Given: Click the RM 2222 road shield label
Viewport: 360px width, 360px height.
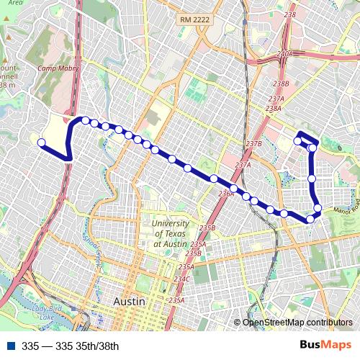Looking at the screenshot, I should (x=195, y=20).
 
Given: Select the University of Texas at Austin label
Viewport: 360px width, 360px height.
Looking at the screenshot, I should (x=171, y=234).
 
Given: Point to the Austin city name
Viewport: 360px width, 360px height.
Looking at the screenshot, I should (x=130, y=300).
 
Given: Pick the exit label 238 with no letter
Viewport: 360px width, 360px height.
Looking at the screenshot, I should (x=290, y=14).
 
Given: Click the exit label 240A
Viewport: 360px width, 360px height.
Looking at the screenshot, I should (x=284, y=54).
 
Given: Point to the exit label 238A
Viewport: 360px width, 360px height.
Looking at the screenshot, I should (x=273, y=109).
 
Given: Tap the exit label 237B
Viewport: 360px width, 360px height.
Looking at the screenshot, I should (x=253, y=144).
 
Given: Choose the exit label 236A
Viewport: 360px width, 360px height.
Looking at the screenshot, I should (x=226, y=193).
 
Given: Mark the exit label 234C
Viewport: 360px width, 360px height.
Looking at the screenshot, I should (x=181, y=279).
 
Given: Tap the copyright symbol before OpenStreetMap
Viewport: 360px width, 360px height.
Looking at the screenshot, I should (x=238, y=323).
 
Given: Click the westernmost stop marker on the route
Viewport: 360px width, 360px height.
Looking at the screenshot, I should (x=42, y=143).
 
